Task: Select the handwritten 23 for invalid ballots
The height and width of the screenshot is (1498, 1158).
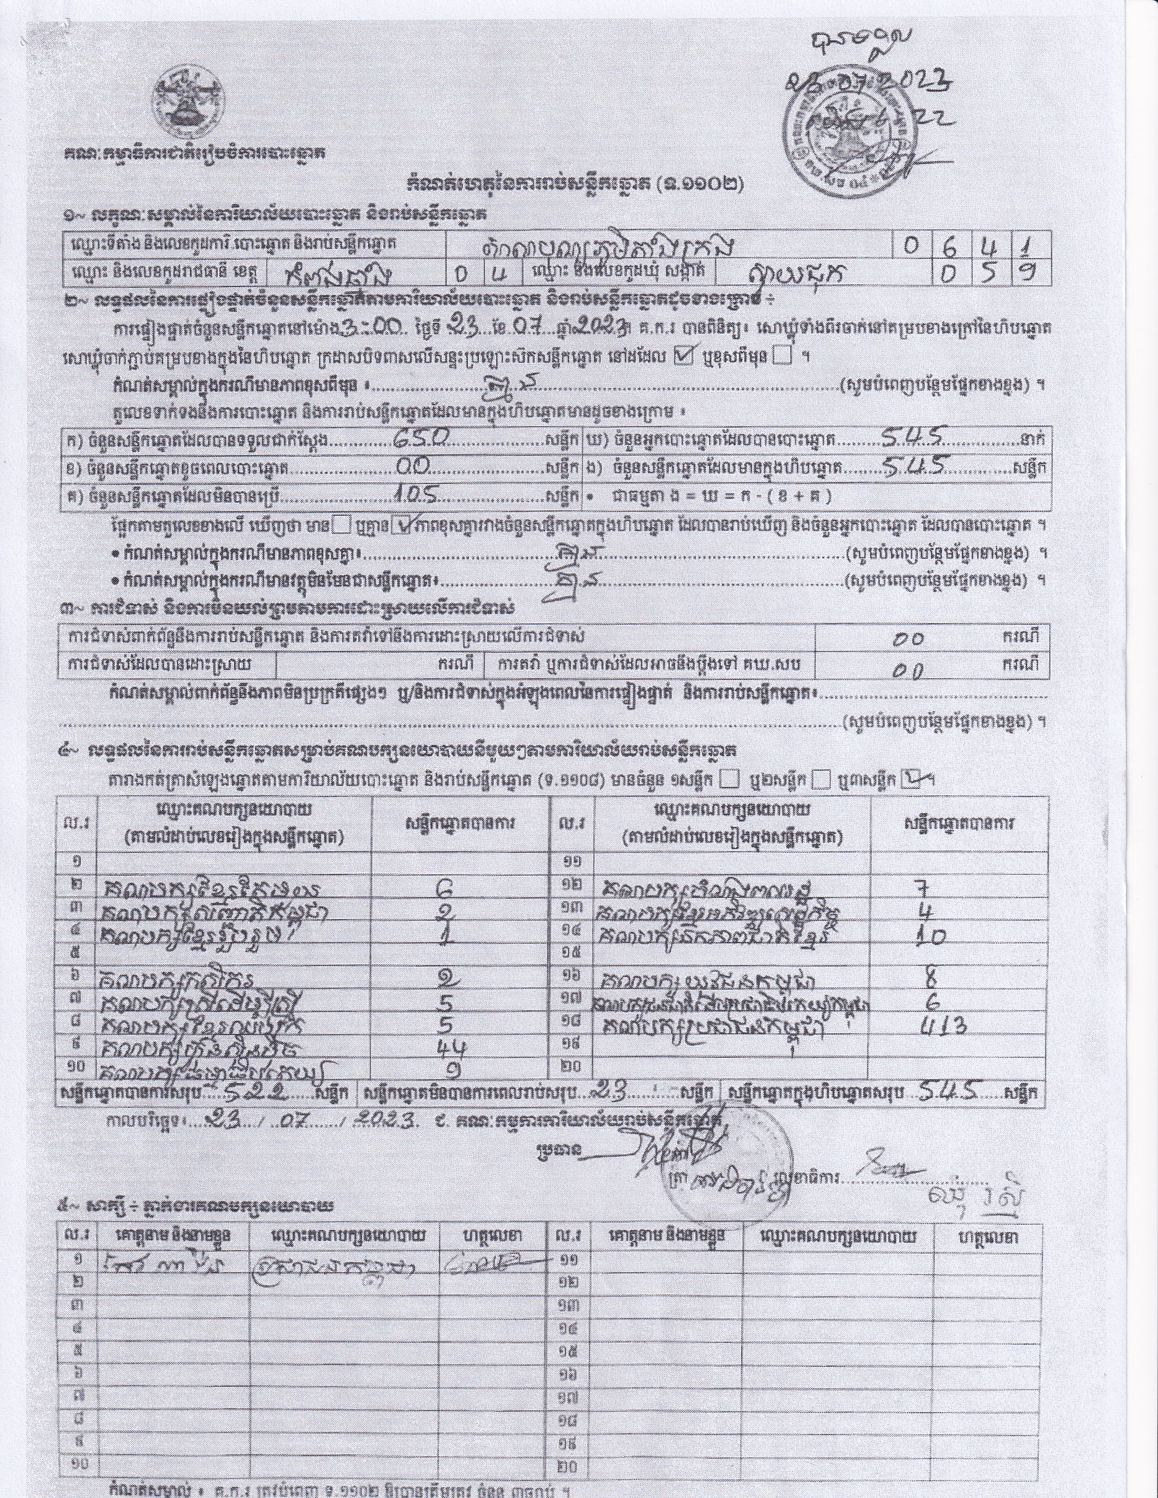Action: [x=609, y=1089]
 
